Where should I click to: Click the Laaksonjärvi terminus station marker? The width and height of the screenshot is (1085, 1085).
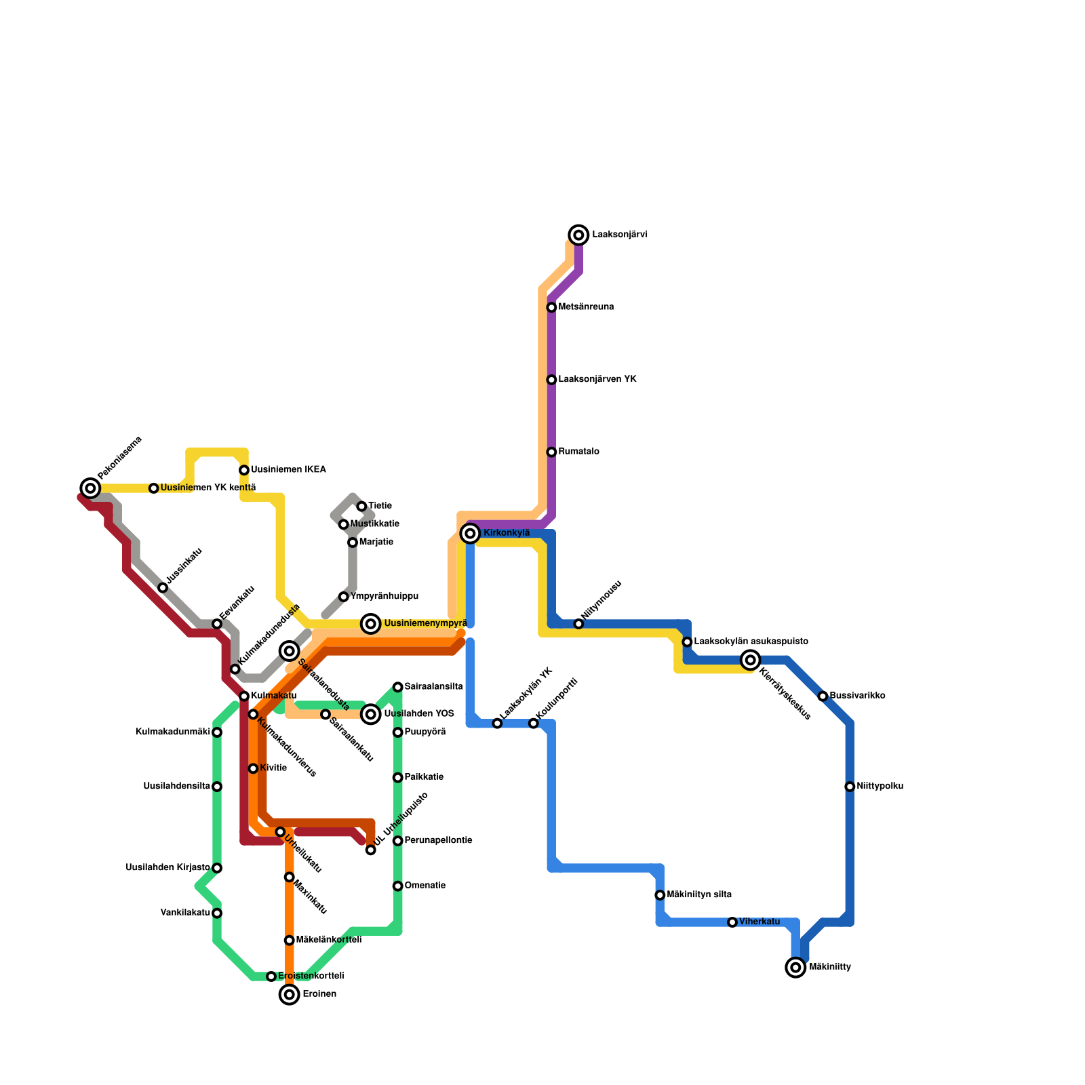pyautogui.click(x=578, y=235)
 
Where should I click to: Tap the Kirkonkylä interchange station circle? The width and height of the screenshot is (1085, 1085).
pyautogui.click(x=470, y=534)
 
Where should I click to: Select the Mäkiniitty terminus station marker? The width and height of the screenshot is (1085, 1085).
pyautogui.click(x=795, y=968)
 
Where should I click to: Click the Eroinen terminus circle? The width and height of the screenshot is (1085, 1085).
pyautogui.click(x=290, y=995)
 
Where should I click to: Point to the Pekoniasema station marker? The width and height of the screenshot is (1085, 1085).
pyautogui.click(x=90, y=488)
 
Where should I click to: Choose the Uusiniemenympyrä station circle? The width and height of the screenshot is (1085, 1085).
pyautogui.click(x=370, y=624)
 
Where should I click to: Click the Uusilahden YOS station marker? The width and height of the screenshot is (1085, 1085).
pyautogui.click(x=370, y=714)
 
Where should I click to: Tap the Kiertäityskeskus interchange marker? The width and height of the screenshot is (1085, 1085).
pyautogui.click(x=750, y=660)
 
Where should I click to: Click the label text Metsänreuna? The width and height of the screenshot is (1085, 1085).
pyautogui.click(x=586, y=307)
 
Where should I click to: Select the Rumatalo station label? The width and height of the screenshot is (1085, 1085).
pyautogui.click(x=578, y=452)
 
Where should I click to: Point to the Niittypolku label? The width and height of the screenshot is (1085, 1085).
pyautogui.click(x=880, y=787)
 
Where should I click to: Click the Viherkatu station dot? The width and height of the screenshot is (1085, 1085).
pyautogui.click(x=732, y=922)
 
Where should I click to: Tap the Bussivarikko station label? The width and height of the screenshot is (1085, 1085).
pyautogui.click(x=857, y=696)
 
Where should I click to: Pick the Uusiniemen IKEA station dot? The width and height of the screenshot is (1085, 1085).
pyautogui.click(x=244, y=470)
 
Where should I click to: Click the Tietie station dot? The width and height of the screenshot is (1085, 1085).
pyautogui.click(x=361, y=507)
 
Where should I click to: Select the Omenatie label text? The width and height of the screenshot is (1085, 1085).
pyautogui.click(x=425, y=886)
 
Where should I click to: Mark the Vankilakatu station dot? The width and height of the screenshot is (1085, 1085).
pyautogui.click(x=217, y=913)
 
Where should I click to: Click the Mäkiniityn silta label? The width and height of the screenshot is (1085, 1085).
pyautogui.click(x=699, y=895)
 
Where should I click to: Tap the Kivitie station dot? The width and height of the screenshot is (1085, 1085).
pyautogui.click(x=253, y=768)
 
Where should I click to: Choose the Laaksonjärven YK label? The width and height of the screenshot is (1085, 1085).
pyautogui.click(x=597, y=380)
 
